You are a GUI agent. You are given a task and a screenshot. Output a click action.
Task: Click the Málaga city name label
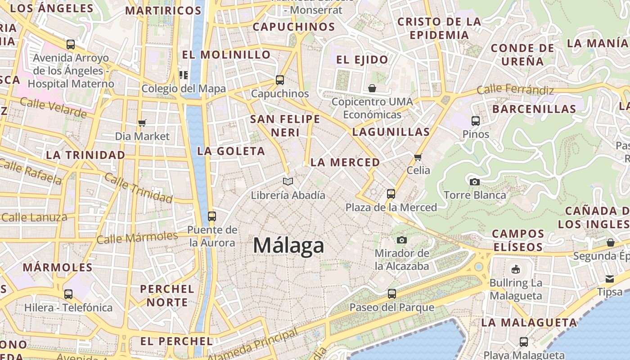tap(288, 246)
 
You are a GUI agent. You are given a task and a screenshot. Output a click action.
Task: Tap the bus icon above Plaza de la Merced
tap(391, 194)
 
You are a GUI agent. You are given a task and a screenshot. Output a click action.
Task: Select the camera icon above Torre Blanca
tap(474, 182)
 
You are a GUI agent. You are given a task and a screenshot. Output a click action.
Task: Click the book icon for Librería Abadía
tap(288, 181)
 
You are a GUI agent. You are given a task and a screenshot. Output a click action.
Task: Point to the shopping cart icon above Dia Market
tap(142, 123)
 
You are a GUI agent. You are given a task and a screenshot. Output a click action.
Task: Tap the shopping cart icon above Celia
tap(418, 157)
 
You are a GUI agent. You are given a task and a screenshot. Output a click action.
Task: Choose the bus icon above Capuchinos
tap(280, 80)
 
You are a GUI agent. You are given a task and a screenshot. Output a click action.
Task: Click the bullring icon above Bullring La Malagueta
tap(515, 270)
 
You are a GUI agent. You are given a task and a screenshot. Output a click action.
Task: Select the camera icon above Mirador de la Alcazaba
tap(402, 240)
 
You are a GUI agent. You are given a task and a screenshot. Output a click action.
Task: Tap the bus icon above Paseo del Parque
tap(392, 294)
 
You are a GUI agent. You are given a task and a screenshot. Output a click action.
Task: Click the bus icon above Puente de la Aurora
tap(212, 216)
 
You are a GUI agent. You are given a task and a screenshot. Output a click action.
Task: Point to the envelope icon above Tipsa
tap(610, 279)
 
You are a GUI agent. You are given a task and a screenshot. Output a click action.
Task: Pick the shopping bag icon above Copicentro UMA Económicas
tap(372, 88)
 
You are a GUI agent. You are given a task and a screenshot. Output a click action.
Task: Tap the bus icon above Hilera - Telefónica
tap(68, 294)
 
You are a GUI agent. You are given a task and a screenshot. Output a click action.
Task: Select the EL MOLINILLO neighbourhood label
tap(226, 55)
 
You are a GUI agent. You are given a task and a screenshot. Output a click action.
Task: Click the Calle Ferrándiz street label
tap(515, 90)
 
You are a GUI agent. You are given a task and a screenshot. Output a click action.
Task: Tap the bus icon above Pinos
tap(476, 121)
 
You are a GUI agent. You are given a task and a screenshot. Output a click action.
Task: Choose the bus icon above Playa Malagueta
tap(524, 342)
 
